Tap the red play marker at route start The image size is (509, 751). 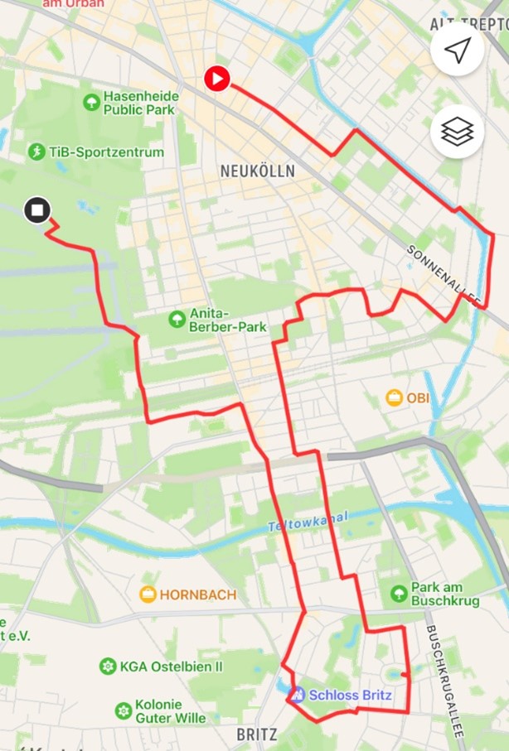(x=217, y=79)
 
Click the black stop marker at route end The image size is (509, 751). (x=37, y=210)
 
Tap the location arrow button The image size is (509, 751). (x=457, y=51)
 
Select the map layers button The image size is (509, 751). (x=457, y=132)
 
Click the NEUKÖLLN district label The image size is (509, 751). (x=257, y=171)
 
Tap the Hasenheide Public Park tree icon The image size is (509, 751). (x=92, y=102)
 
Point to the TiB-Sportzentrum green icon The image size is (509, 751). (x=36, y=152)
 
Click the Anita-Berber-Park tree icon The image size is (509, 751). (x=176, y=319)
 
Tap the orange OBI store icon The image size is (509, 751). (x=395, y=397)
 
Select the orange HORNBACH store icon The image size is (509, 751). (x=148, y=594)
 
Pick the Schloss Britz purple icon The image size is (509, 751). (x=298, y=695)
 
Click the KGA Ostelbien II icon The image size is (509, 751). (x=107, y=666)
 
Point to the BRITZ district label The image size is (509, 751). (x=257, y=734)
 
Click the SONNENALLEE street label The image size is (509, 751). (x=444, y=276)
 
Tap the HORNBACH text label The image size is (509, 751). (x=198, y=595)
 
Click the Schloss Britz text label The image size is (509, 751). (x=350, y=695)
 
